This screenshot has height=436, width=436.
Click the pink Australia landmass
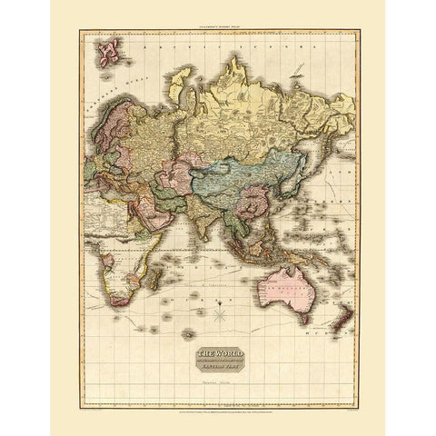point(287,282)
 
